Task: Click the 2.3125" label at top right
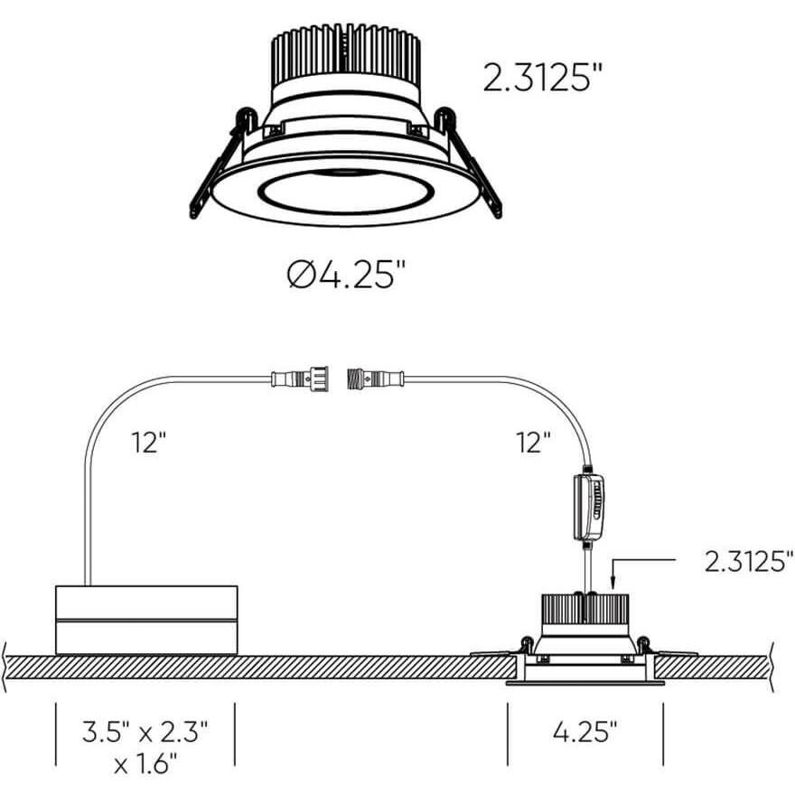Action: tap(542, 79)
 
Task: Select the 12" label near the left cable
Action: tap(149, 443)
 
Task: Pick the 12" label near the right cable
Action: tap(535, 443)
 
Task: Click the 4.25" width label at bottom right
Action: tap(585, 730)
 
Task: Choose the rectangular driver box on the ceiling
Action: tap(146, 620)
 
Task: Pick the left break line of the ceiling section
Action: tap(6, 668)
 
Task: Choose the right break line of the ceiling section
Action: tap(774, 668)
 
